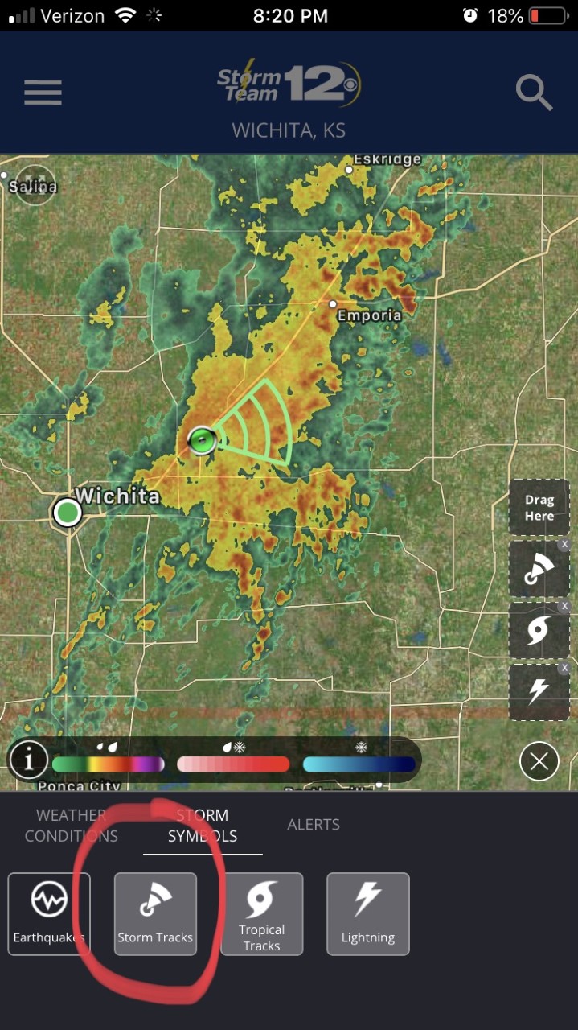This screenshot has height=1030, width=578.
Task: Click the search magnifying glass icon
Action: (x=533, y=93)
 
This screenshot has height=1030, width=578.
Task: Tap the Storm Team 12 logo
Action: (x=289, y=83)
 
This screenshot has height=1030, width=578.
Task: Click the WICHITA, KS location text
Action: (x=289, y=130)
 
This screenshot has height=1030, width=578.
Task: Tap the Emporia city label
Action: (x=369, y=315)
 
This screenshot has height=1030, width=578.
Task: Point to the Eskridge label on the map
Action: (x=387, y=159)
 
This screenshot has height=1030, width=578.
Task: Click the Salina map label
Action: (x=33, y=187)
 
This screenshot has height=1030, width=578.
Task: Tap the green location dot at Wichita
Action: (x=68, y=512)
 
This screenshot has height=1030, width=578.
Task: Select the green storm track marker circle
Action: (x=202, y=440)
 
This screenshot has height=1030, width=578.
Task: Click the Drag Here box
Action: (x=539, y=508)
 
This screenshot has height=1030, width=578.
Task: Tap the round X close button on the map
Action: (x=539, y=761)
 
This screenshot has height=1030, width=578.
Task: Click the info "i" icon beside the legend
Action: (x=29, y=760)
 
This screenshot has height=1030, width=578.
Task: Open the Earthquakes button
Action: (x=49, y=913)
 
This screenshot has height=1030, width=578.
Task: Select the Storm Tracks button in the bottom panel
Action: (x=155, y=913)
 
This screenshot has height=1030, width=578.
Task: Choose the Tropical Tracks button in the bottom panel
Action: (x=261, y=913)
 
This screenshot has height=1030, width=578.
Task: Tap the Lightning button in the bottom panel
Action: (x=367, y=913)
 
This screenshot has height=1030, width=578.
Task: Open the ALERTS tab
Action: (x=314, y=825)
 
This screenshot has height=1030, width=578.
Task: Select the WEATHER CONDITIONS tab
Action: (x=72, y=826)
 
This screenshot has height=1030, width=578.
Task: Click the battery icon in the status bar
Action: (x=547, y=15)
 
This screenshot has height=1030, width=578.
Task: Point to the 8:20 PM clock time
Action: (x=289, y=15)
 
